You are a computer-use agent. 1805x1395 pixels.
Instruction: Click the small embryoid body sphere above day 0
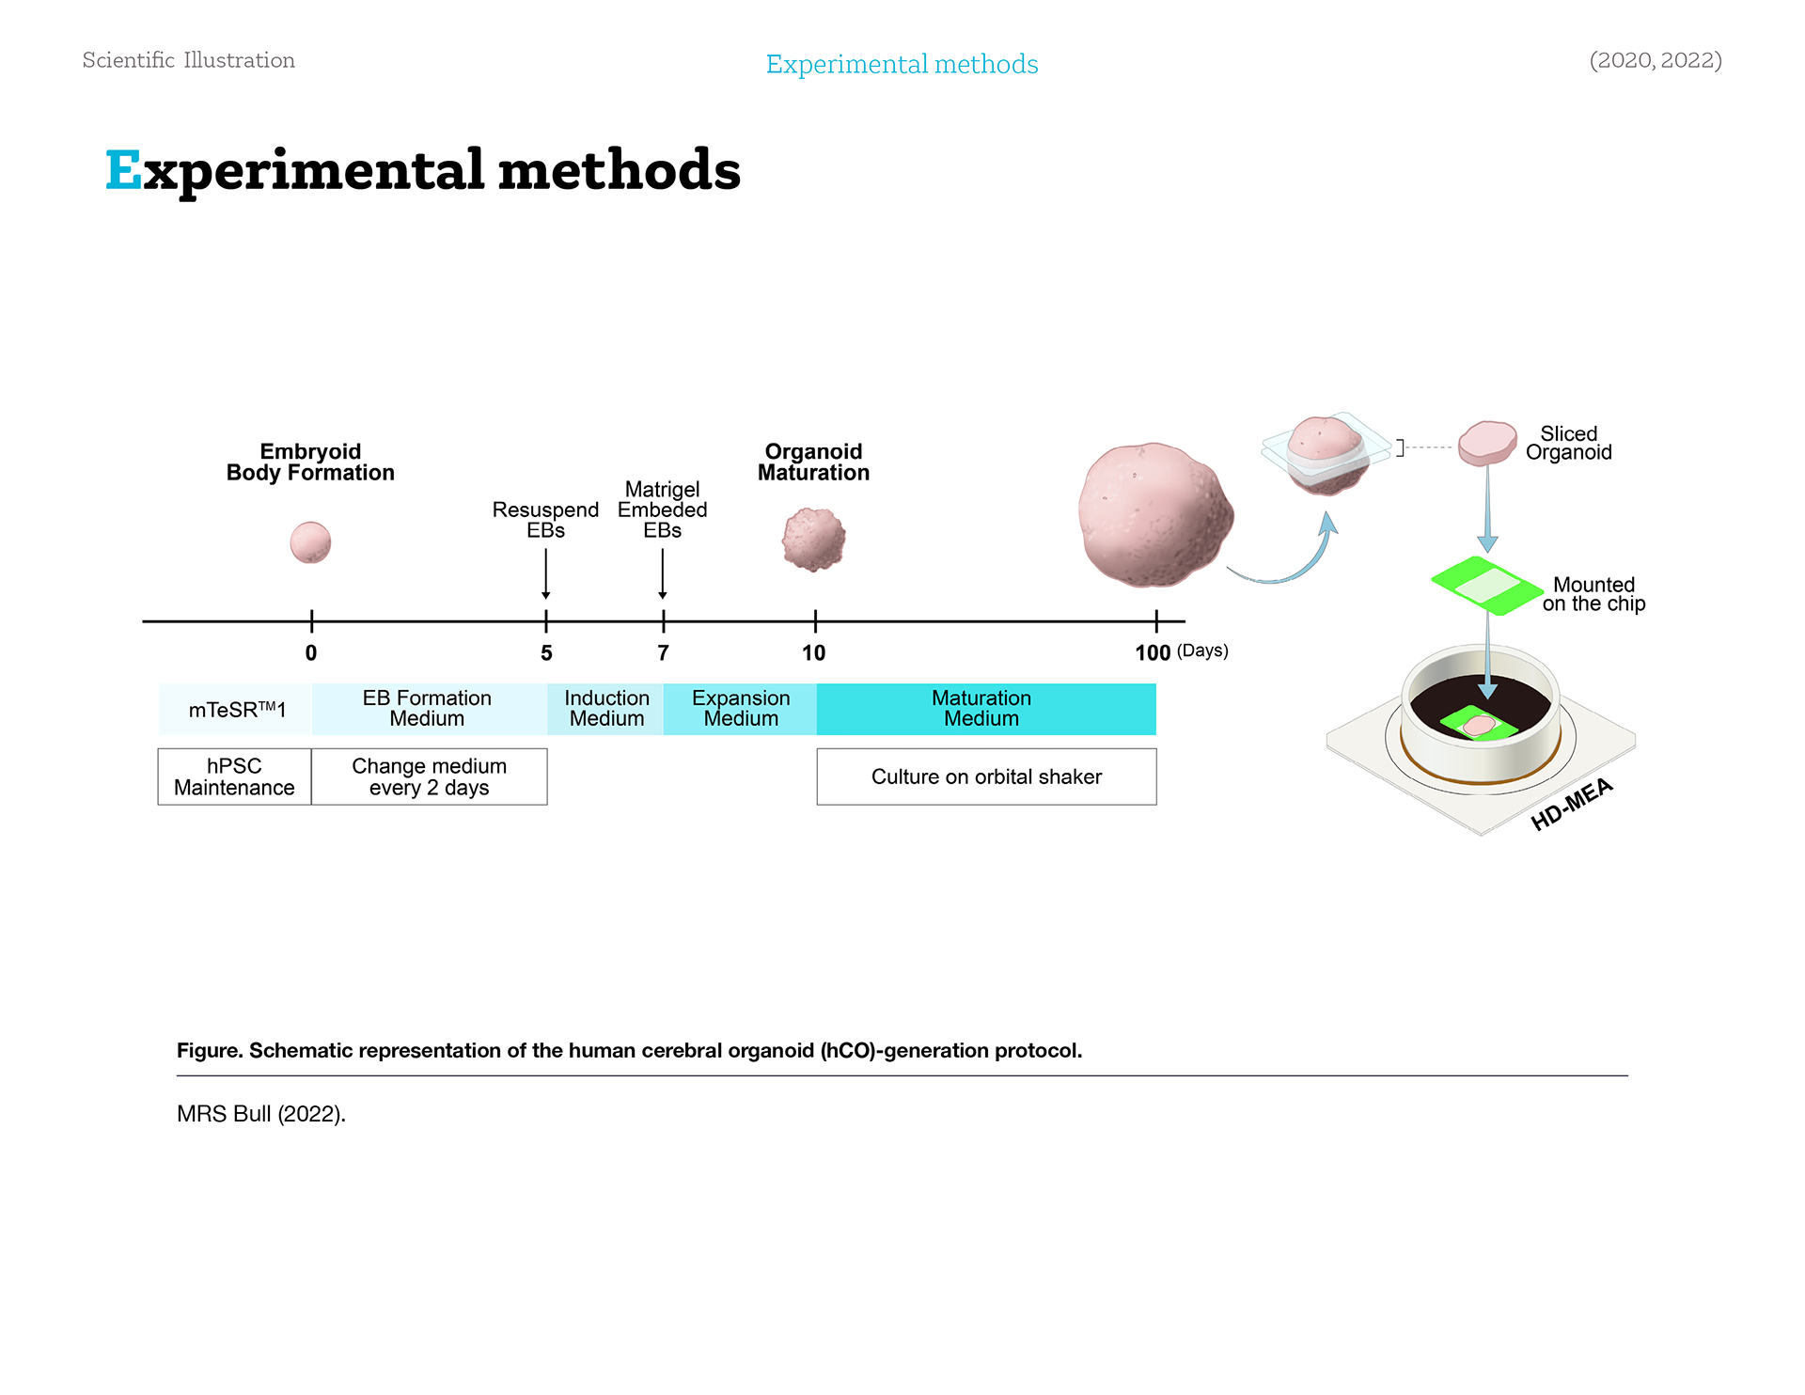(x=310, y=542)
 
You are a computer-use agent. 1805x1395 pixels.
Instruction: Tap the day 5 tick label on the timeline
(x=546, y=653)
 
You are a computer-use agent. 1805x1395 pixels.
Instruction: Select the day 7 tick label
(x=663, y=653)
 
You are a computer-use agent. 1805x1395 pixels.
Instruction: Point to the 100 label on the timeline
(x=1153, y=653)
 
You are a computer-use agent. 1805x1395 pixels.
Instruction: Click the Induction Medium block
(x=606, y=709)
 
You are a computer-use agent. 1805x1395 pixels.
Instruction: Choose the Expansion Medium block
(x=740, y=709)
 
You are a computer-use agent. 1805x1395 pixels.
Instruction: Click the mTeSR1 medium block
(x=236, y=710)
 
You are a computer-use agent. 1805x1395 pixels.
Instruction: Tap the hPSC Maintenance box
(x=234, y=776)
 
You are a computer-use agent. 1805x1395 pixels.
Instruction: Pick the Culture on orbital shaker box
(x=986, y=776)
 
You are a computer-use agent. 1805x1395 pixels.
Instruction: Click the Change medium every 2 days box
(x=429, y=776)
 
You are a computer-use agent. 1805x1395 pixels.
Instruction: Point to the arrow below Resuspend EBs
(x=545, y=573)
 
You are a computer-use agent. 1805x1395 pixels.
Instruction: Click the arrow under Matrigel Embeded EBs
(x=663, y=573)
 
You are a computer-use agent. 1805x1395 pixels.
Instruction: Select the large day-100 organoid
(x=1154, y=514)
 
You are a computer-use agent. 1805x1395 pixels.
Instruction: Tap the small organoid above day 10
(x=814, y=540)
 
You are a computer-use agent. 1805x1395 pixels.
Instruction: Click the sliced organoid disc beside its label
(x=1487, y=442)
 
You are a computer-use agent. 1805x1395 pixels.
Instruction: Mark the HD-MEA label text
(x=1571, y=805)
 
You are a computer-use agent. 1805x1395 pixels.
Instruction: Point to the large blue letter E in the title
(x=123, y=170)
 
